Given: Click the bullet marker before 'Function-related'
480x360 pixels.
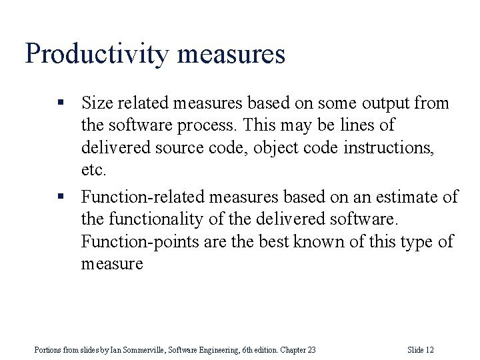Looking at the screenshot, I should (x=60, y=197).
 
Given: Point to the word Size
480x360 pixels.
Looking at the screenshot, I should (x=96, y=103).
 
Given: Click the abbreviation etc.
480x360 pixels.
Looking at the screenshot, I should (x=93, y=170).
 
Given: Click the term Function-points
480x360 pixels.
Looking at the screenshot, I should (x=134, y=241).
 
